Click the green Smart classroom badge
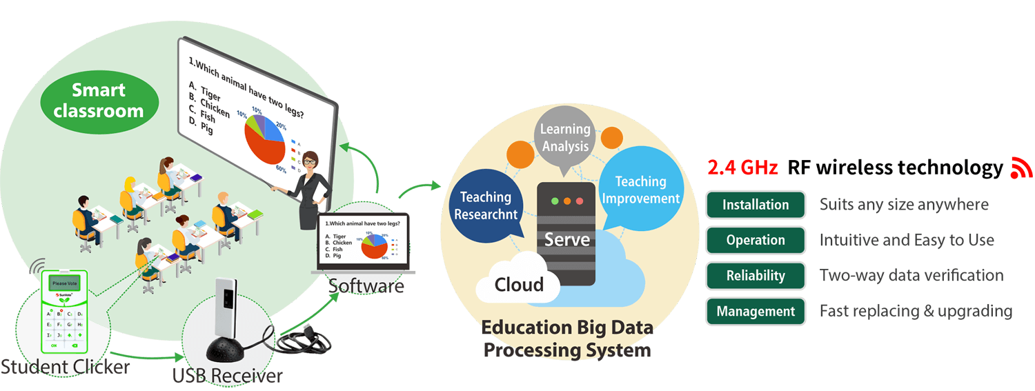pos(98,101)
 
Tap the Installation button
pos(756,205)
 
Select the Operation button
pos(756,240)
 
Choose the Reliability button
pos(756,275)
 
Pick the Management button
pos(756,311)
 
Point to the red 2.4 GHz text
pos(742,168)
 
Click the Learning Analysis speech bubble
pos(565,137)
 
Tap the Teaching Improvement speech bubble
pos(640,190)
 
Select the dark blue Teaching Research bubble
pos(485,205)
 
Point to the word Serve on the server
pos(566,239)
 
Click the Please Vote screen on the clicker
pos(64,283)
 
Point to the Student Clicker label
pos(66,366)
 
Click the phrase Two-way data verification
pos(911,275)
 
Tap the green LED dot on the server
pos(553,201)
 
